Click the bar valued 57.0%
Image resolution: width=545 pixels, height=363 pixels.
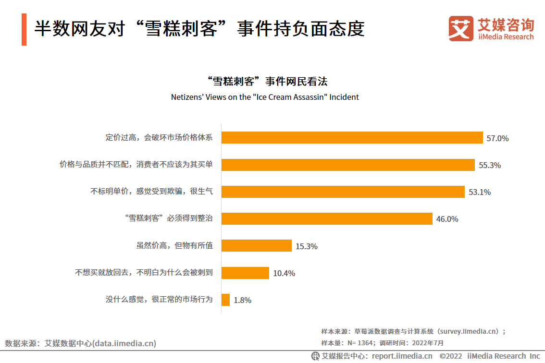click(352, 138)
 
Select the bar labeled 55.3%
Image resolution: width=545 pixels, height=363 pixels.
click(348, 165)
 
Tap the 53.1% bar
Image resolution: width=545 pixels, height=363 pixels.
click(343, 192)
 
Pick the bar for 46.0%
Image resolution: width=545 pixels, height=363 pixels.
click(327, 219)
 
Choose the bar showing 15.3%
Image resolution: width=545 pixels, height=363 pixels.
click(256, 246)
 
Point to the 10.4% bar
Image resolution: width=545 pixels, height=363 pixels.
click(245, 273)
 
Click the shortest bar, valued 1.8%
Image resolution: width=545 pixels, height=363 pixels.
click(225, 300)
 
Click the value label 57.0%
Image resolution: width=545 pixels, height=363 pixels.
click(497, 138)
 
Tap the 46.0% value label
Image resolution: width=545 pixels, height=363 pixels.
click(447, 219)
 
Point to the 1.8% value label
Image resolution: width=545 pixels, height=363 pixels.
click(242, 301)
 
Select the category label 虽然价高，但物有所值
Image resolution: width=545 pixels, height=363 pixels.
click(174, 245)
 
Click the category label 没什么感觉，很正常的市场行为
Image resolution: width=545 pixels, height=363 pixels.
click(159, 300)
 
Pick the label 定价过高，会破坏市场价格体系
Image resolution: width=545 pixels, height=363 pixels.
click(159, 137)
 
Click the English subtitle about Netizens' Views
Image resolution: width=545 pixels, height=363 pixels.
click(265, 97)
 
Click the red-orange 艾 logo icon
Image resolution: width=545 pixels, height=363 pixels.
click(460, 28)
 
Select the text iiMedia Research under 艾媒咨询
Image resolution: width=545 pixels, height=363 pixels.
click(506, 37)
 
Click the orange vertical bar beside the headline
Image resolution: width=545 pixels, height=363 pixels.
click(24, 30)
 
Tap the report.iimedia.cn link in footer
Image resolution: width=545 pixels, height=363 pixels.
click(402, 356)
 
